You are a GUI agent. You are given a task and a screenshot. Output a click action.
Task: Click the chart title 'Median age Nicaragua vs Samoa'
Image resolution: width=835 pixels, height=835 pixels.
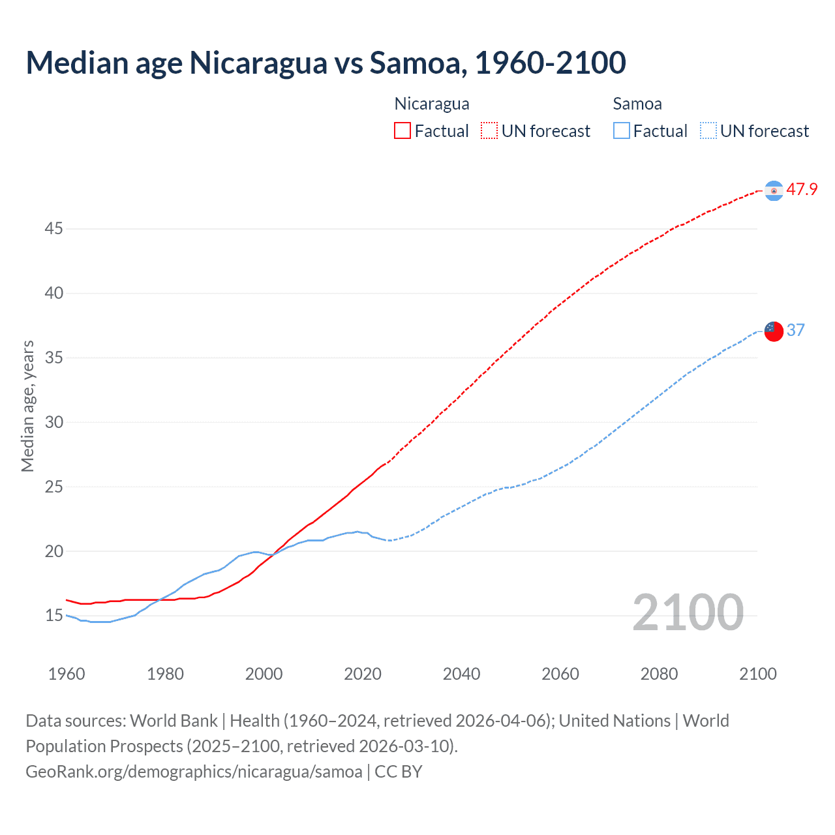326,63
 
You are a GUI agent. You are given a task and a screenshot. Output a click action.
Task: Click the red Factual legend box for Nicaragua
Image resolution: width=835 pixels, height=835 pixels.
402,130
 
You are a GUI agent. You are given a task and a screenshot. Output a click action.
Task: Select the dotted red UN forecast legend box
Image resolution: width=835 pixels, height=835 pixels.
489,130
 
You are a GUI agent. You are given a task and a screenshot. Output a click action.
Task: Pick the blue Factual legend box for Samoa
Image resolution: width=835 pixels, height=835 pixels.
622,130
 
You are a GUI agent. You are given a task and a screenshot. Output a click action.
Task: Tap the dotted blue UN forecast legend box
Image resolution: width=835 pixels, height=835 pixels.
708,130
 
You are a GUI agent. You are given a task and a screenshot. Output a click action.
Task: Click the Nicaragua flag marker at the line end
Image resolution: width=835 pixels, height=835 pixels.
774,190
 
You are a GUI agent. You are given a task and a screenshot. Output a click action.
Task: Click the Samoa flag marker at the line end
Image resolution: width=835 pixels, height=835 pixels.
774,331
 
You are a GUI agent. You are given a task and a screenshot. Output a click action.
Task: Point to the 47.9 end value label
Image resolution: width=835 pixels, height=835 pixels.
802,190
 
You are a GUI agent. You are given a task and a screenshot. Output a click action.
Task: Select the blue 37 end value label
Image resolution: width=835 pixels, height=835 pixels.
796,331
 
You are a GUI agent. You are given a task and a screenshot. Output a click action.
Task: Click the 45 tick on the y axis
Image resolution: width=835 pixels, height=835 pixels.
54,229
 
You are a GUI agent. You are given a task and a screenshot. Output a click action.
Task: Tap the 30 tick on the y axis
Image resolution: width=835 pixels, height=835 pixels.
54,423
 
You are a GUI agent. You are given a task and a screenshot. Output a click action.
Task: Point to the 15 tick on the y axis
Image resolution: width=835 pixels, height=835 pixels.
54,616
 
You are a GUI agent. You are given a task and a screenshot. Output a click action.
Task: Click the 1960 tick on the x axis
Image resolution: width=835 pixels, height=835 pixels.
67,674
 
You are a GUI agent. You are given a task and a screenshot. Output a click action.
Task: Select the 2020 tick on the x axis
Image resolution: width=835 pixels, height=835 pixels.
363,674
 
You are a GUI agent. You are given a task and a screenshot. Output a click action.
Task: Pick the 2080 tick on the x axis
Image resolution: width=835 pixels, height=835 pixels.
659,674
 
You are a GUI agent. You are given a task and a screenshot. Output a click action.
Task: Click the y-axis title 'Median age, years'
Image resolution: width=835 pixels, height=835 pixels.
27,406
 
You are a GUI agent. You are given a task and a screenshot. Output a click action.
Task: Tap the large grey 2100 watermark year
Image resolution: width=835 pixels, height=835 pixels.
688,613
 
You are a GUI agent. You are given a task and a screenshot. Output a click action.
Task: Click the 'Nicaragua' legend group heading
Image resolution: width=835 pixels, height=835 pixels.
432,104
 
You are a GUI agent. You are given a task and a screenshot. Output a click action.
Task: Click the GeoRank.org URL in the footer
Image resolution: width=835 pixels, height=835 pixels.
194,772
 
